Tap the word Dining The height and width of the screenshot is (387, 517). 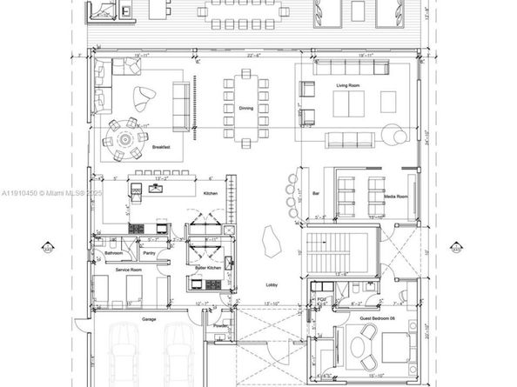click(x=246, y=108)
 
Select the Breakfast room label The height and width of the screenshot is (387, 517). click(x=160, y=148)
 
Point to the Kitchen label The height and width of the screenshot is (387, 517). click(x=210, y=192)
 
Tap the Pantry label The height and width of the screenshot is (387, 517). click(x=150, y=253)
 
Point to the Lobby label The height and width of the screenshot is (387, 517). click(x=272, y=284)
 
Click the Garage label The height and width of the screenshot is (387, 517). click(x=149, y=319)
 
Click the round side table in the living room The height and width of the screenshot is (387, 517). click(x=396, y=135)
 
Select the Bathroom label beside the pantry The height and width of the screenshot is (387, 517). click(x=112, y=253)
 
